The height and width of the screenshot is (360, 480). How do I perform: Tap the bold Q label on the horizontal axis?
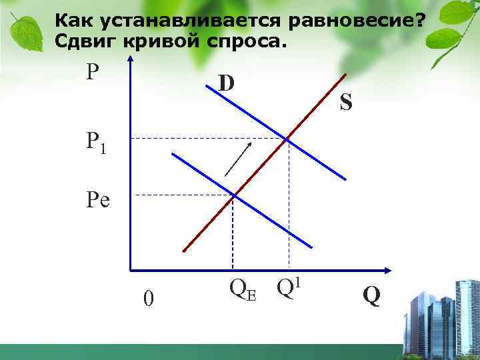372,295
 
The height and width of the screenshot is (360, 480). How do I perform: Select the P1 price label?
95,142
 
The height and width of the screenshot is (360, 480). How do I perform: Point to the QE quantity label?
242,289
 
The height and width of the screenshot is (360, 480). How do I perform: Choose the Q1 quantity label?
291,288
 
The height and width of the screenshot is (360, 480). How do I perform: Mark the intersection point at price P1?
287,139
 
